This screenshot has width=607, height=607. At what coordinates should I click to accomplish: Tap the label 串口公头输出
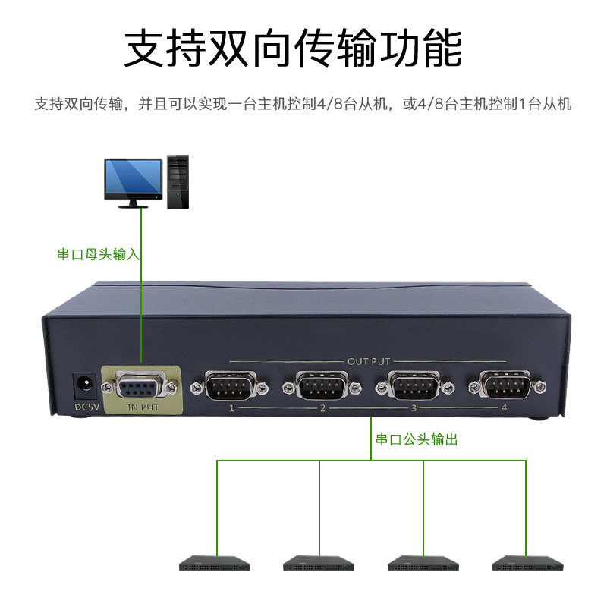coord(417,439)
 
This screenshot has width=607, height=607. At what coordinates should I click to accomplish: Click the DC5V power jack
coord(83,385)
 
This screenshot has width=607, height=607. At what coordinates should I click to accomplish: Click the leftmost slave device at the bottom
coord(215,565)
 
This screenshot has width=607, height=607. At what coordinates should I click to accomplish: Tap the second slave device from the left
coord(319,565)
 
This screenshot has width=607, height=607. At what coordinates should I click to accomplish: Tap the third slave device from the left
coord(423,565)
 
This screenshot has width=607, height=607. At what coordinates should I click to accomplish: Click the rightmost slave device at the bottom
coord(527,565)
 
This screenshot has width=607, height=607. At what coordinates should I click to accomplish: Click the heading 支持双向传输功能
coord(293,49)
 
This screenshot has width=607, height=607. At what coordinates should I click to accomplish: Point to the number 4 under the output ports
coord(504,409)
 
